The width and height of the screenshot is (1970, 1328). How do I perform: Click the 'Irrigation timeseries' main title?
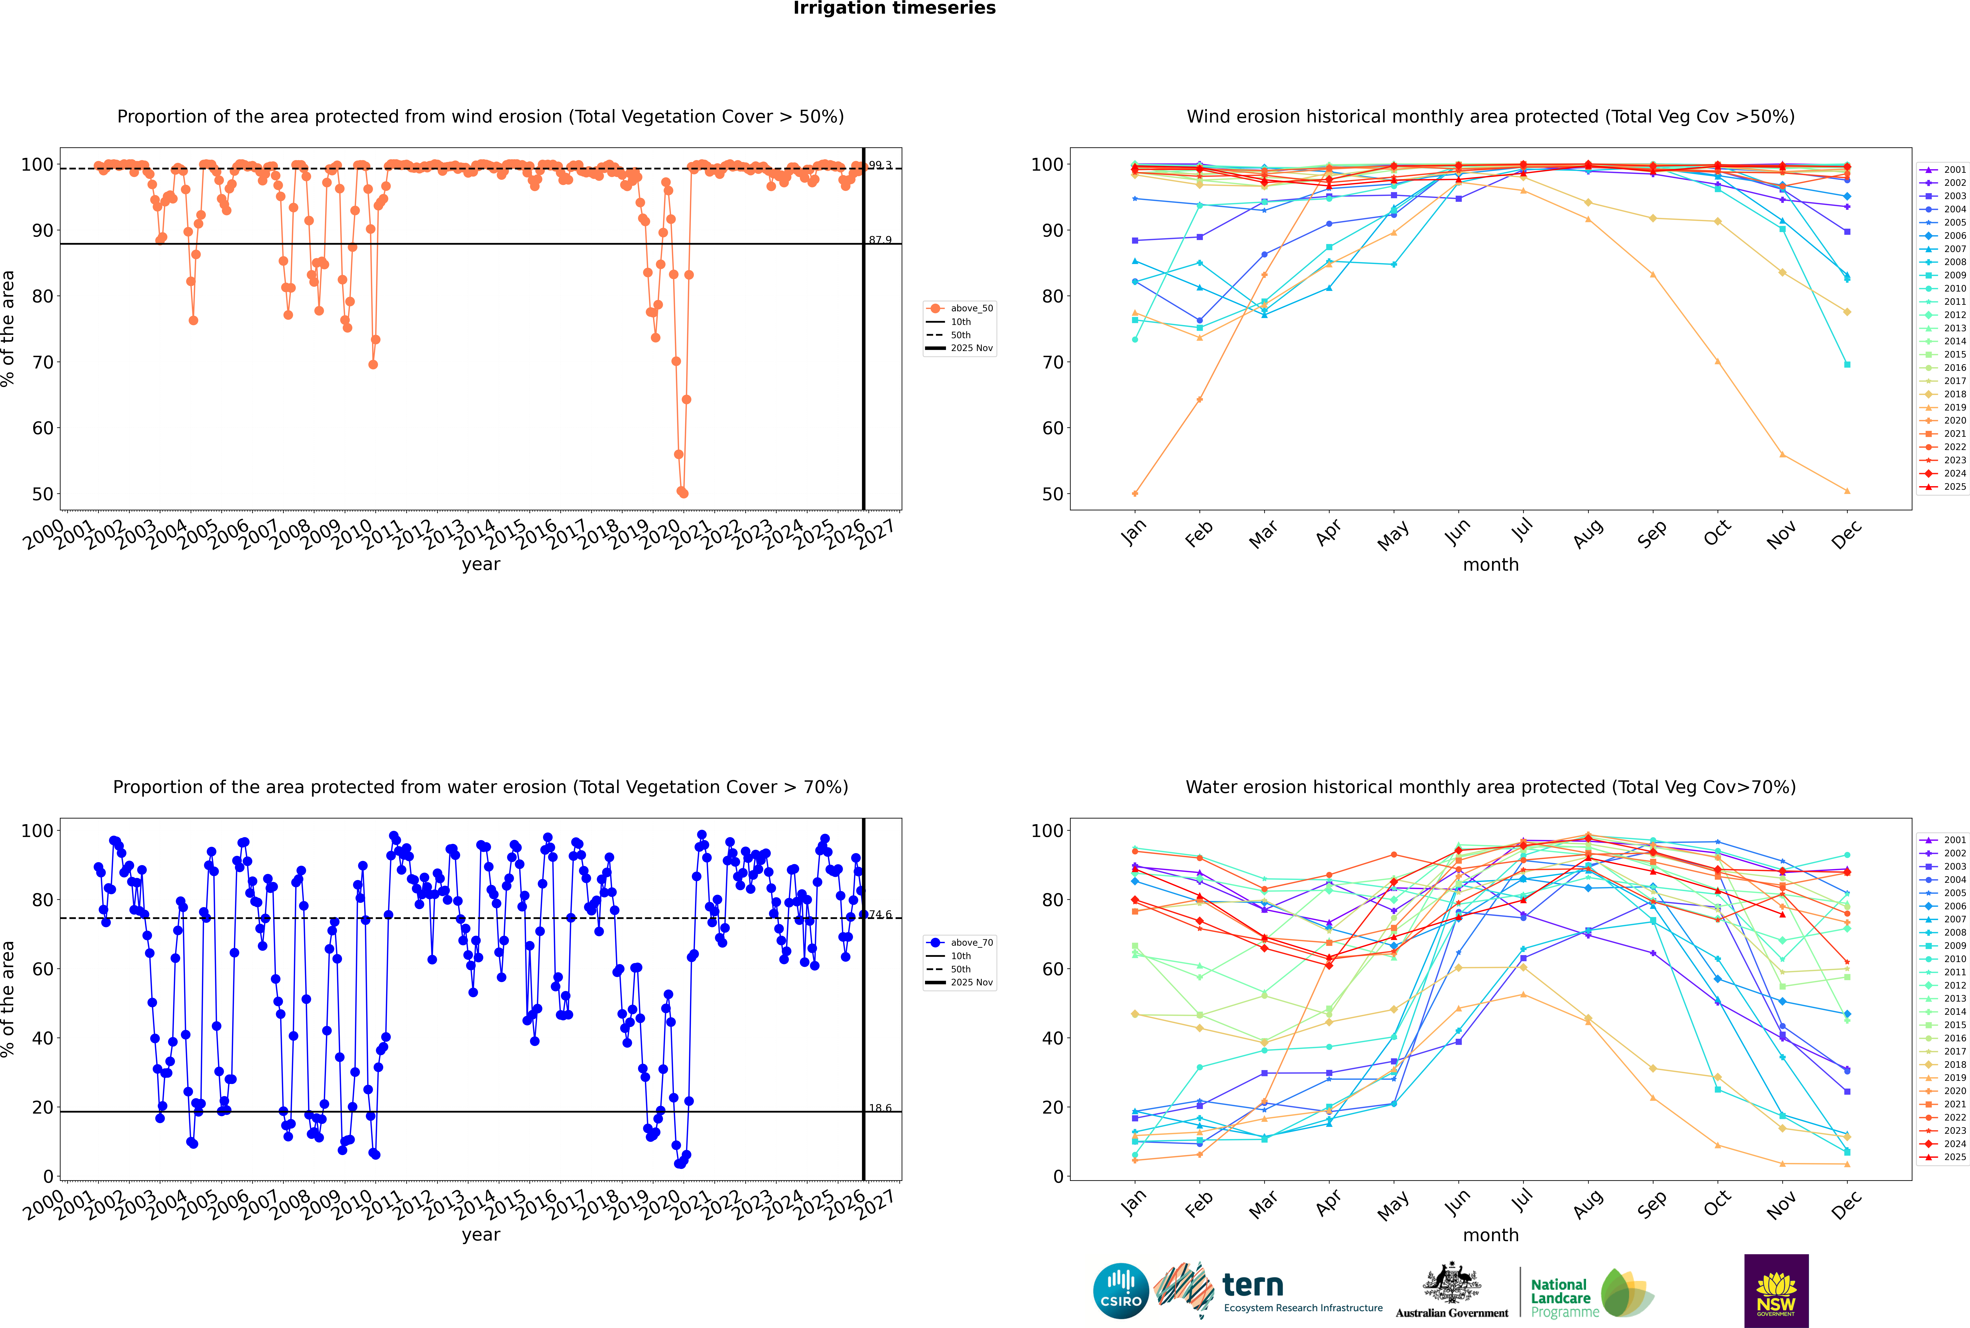tap(894, 8)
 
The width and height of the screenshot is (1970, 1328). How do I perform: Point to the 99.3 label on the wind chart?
tap(880, 165)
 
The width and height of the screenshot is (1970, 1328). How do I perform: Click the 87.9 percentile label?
tap(880, 240)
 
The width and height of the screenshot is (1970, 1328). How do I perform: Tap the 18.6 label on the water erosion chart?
tap(880, 1108)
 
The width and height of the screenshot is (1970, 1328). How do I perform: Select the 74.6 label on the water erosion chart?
tap(880, 915)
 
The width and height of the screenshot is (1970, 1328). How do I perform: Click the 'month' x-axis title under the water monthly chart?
tap(1491, 1235)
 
